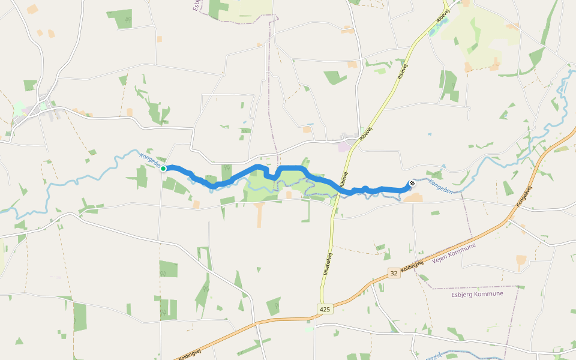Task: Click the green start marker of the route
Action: (x=163, y=169)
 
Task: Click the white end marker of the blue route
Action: (x=412, y=184)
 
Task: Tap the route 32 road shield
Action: (x=393, y=272)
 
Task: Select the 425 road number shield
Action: (x=324, y=309)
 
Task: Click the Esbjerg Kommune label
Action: (x=476, y=294)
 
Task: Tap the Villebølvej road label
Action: (x=328, y=265)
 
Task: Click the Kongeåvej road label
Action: (x=524, y=197)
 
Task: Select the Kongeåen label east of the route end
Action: (x=442, y=188)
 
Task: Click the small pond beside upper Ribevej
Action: (x=434, y=30)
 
